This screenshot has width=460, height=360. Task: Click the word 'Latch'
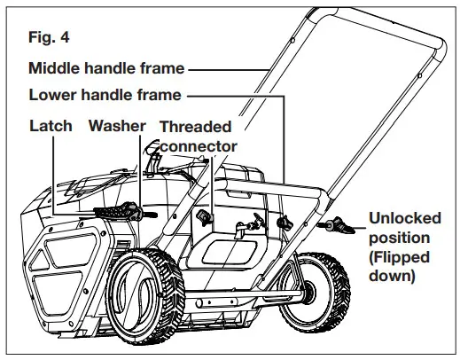[x=51, y=126]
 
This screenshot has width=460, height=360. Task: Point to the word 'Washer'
[x=117, y=126]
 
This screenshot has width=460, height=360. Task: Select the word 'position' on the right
[x=398, y=239]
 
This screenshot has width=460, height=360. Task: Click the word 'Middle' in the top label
[x=55, y=67]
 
